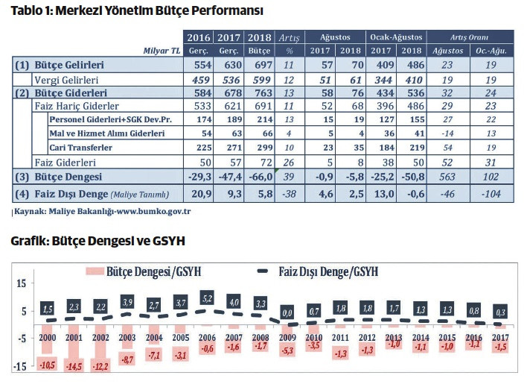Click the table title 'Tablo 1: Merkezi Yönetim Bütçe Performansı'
[x=137, y=11]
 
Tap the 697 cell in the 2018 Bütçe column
[x=259, y=65]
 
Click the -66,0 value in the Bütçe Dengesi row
[x=259, y=177]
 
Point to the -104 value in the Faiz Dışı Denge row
[x=491, y=194]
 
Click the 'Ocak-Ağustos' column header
[x=397, y=37]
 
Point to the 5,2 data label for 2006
[x=206, y=298]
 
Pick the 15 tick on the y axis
[x=21, y=283]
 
